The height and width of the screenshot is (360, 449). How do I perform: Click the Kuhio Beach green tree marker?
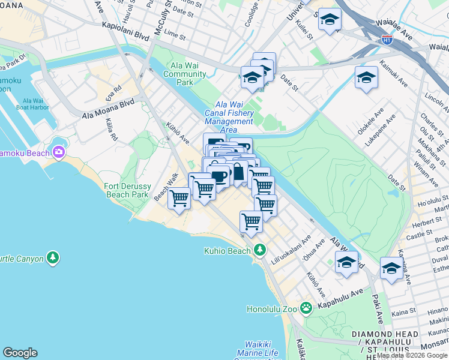pos(260,250)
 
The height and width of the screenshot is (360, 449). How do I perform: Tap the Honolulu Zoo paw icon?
pos(306,309)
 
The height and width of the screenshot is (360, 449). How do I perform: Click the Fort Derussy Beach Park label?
pos(126,190)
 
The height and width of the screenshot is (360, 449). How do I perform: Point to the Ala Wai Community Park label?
pos(184,70)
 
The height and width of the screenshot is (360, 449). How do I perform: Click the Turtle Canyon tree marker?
pos(53,258)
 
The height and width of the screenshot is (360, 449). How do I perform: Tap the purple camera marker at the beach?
pos(59,152)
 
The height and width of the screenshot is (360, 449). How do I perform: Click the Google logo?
pos(20,353)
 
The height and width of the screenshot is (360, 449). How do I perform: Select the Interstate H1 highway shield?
pos(388,40)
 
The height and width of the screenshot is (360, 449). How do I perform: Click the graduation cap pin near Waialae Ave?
pos(330,21)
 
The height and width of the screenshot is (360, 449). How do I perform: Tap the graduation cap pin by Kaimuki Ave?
pos(366,78)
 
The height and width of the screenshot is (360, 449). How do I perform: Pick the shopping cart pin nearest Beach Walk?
pos(179,197)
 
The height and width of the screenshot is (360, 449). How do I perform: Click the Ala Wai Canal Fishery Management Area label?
pos(229,117)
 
